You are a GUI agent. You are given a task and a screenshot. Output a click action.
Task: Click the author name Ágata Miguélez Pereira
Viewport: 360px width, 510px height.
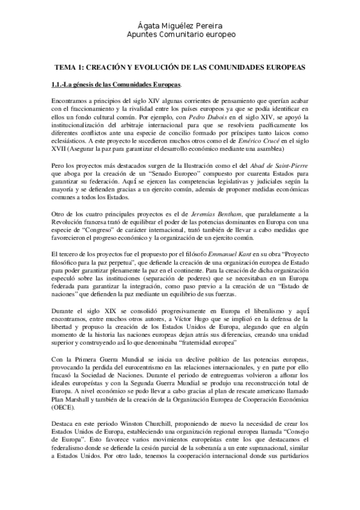click(x=180, y=25)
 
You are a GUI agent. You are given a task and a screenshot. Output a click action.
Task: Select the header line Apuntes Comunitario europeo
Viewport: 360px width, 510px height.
click(x=180, y=34)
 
